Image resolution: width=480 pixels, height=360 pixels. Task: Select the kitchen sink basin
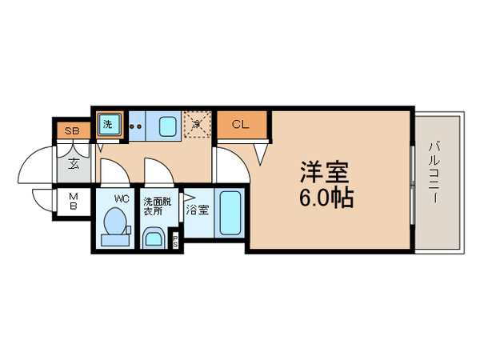coord(168,125)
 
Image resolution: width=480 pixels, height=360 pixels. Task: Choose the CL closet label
coord(240,124)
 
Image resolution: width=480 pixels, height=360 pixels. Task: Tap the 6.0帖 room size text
coord(326,198)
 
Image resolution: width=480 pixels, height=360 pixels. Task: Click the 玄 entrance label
coord(74,165)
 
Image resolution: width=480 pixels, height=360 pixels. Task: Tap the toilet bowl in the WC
coord(117,222)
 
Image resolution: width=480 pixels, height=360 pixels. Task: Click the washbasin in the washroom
coord(154,238)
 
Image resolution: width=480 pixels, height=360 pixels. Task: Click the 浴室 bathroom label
coord(198,211)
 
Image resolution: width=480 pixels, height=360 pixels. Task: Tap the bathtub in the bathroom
coord(230,214)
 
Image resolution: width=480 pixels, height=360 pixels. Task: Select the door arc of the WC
coord(112,170)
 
